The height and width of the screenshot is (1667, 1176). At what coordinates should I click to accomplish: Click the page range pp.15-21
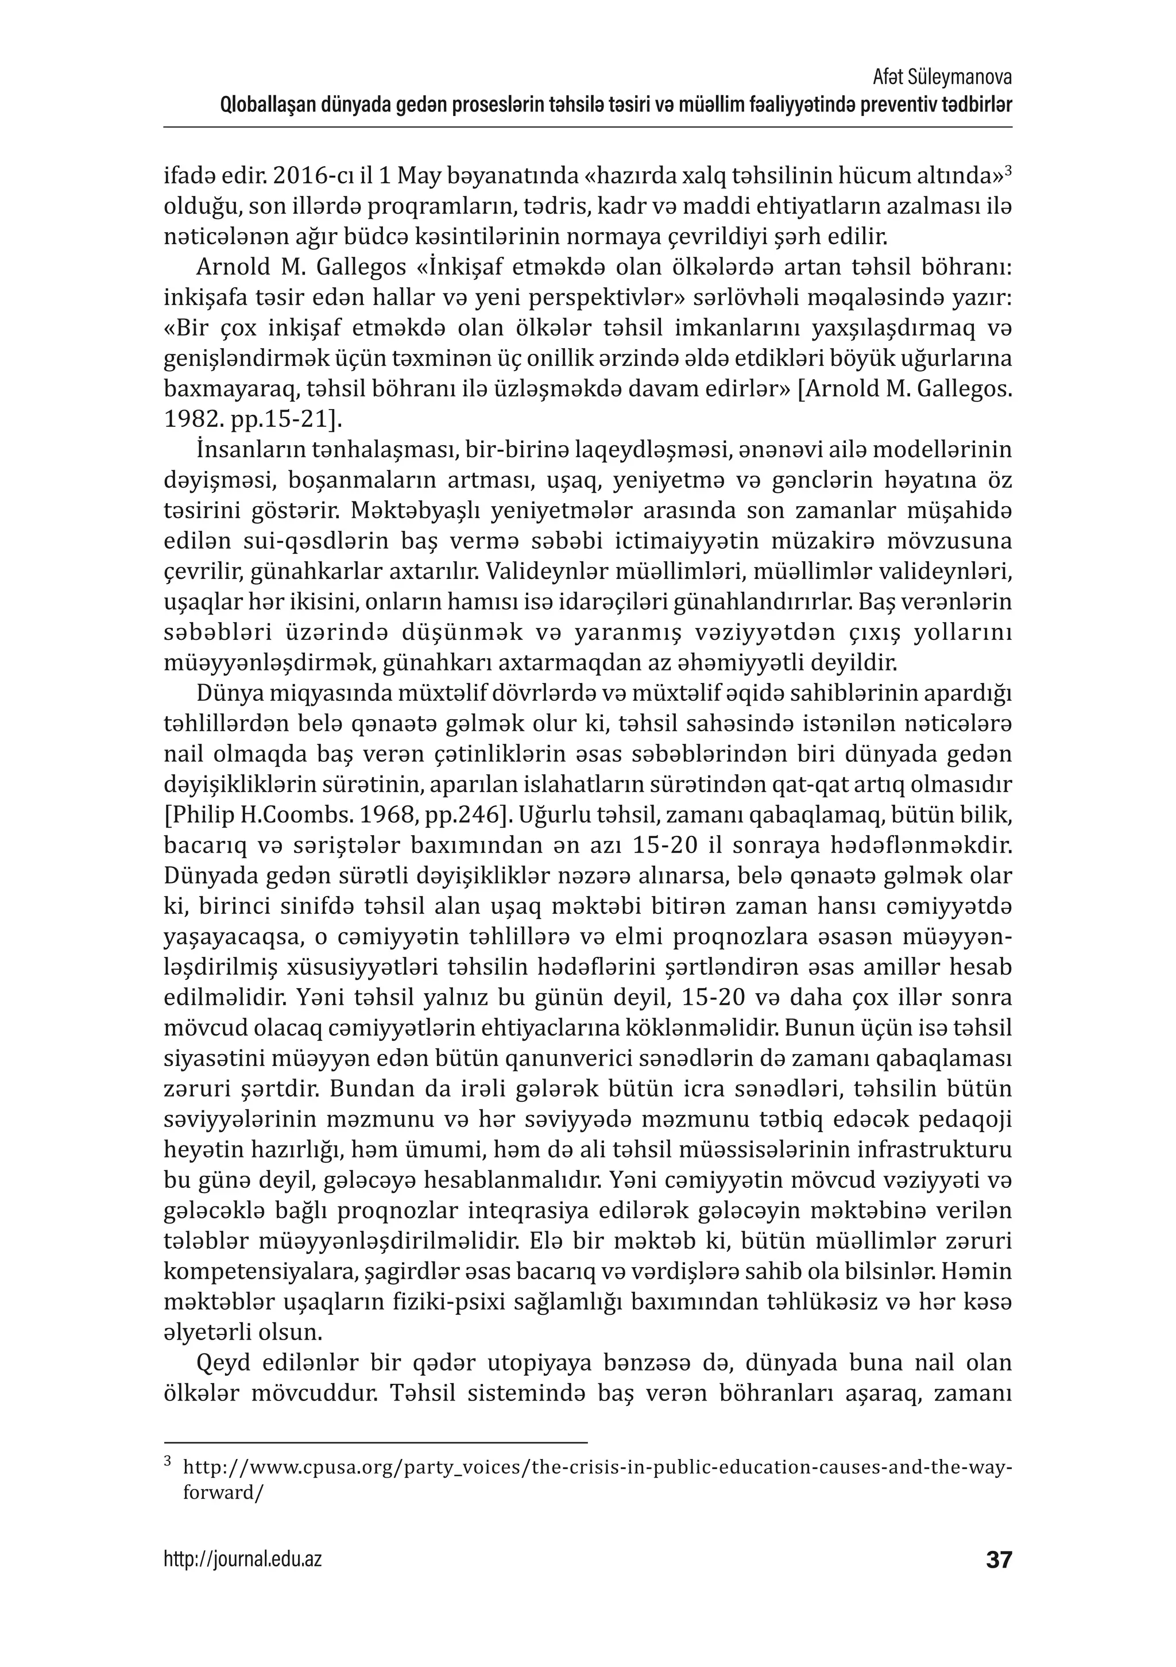click(x=274, y=420)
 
